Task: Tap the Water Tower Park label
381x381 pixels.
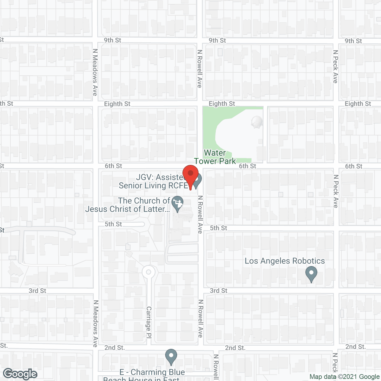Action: (x=215, y=157)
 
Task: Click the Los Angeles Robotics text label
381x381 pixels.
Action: (x=285, y=261)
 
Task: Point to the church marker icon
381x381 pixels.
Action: (x=178, y=203)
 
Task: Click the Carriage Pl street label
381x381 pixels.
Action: (x=149, y=322)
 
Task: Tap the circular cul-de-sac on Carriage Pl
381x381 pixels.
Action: (x=149, y=272)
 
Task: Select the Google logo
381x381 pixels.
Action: (x=20, y=374)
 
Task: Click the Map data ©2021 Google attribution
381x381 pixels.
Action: (x=344, y=377)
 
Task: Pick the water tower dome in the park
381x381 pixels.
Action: (x=257, y=122)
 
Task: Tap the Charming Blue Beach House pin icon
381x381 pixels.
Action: (x=171, y=357)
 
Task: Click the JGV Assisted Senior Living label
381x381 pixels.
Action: (x=154, y=181)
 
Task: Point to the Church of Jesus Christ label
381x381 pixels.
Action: (x=128, y=205)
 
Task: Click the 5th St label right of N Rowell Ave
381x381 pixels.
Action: (x=218, y=228)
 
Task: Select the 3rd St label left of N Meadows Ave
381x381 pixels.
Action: (x=38, y=291)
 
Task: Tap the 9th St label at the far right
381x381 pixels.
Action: (x=353, y=41)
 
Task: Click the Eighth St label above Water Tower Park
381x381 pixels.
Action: (x=222, y=104)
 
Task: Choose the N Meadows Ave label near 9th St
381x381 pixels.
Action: (x=95, y=72)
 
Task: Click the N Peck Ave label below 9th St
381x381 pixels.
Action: (x=336, y=67)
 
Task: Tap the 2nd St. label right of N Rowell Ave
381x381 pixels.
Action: (x=235, y=348)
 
